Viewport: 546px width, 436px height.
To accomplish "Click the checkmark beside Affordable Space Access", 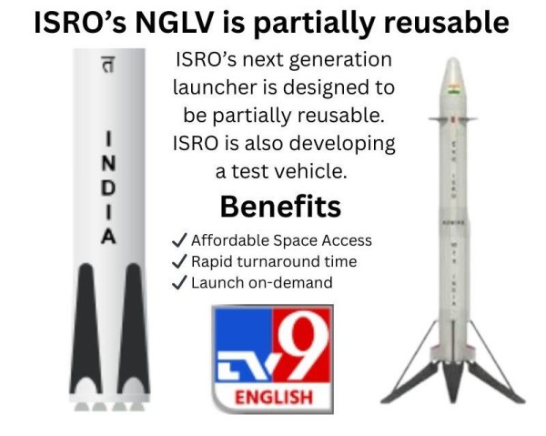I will point(178,240).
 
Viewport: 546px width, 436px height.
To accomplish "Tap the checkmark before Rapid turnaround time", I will point(178,261).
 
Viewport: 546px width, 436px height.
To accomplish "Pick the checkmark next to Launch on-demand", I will point(178,282).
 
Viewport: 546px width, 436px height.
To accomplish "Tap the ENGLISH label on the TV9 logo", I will point(273,399).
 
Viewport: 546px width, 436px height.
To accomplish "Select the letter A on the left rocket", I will point(109,237).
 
